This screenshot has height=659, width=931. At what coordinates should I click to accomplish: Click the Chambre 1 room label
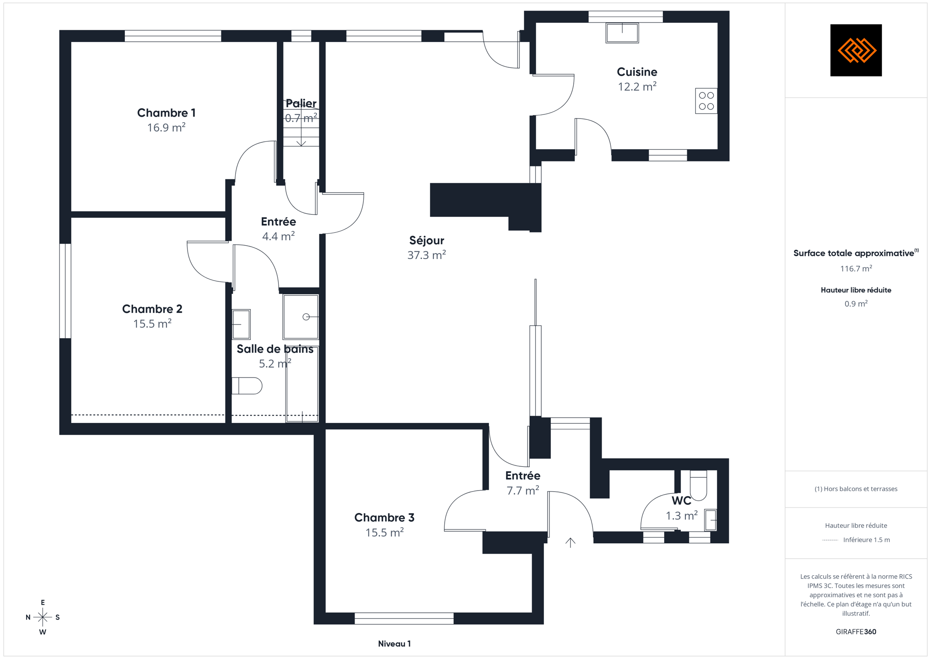(x=166, y=113)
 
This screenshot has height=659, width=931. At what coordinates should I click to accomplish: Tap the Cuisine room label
(x=637, y=72)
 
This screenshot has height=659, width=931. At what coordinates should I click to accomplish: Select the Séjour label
(x=426, y=240)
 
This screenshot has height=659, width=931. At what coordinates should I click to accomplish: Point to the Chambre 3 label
(x=384, y=518)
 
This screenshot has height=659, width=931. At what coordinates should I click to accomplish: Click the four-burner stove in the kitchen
(x=706, y=101)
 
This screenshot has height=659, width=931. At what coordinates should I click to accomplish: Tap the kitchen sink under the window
(x=622, y=33)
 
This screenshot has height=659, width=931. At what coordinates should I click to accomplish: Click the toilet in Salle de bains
(x=247, y=386)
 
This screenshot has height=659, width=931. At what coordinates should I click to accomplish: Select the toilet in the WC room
(x=698, y=485)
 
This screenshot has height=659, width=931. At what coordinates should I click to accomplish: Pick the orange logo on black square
(x=856, y=50)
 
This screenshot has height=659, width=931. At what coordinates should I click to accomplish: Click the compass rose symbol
(x=43, y=617)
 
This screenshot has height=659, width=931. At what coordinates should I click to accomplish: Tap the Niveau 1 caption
(x=394, y=644)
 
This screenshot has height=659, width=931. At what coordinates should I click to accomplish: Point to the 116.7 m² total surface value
(x=856, y=269)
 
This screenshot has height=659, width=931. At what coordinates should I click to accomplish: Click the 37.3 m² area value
(x=426, y=255)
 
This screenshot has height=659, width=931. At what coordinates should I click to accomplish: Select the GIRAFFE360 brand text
(x=856, y=632)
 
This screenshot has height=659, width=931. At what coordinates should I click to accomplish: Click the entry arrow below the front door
(x=570, y=542)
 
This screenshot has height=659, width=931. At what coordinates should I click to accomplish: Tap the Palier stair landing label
(x=301, y=103)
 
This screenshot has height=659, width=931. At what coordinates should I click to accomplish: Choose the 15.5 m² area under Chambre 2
(x=152, y=324)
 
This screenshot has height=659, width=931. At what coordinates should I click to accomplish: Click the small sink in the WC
(x=710, y=520)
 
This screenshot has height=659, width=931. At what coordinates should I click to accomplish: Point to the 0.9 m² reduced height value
(x=856, y=304)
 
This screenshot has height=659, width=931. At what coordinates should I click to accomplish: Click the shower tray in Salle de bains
(x=301, y=317)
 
